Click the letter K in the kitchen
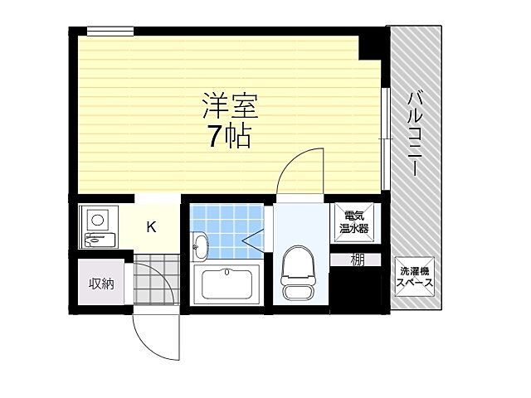(x=152, y=226)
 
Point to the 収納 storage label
(x=100, y=284)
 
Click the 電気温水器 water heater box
(x=353, y=222)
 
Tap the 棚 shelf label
(x=357, y=260)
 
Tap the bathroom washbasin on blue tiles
(x=201, y=245)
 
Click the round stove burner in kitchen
(x=97, y=221)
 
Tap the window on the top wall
(x=110, y=32)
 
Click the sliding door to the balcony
(x=386, y=137)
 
